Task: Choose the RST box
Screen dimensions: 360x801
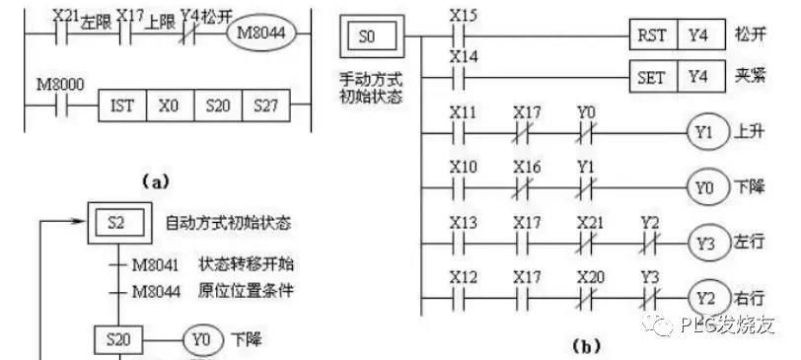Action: pyautogui.click(x=652, y=33)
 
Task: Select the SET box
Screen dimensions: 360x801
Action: pyautogui.click(x=652, y=76)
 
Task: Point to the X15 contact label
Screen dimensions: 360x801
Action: pyautogui.click(x=461, y=16)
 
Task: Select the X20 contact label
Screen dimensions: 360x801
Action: pyautogui.click(x=587, y=277)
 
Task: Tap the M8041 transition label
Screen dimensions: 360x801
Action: pyautogui.click(x=160, y=265)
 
